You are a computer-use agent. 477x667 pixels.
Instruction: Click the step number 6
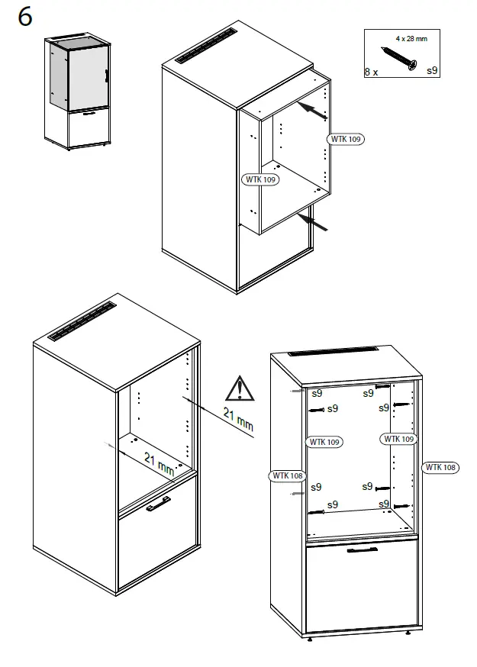click(x=25, y=18)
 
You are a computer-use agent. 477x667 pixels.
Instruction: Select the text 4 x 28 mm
click(x=411, y=37)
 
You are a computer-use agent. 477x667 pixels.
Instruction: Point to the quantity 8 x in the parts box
click(x=372, y=71)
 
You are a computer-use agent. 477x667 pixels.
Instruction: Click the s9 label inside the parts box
click(x=431, y=70)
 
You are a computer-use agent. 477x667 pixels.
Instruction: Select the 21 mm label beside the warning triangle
click(x=238, y=419)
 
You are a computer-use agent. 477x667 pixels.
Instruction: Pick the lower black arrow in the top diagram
click(x=314, y=222)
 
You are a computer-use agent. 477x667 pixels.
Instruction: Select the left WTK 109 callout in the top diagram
click(x=259, y=179)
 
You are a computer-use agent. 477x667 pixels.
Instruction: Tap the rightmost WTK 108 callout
click(x=440, y=467)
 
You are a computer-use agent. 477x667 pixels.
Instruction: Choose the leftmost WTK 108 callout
click(x=287, y=475)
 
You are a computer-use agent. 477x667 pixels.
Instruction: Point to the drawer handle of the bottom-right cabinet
click(x=363, y=549)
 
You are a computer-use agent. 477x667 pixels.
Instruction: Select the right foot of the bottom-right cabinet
click(x=409, y=632)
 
